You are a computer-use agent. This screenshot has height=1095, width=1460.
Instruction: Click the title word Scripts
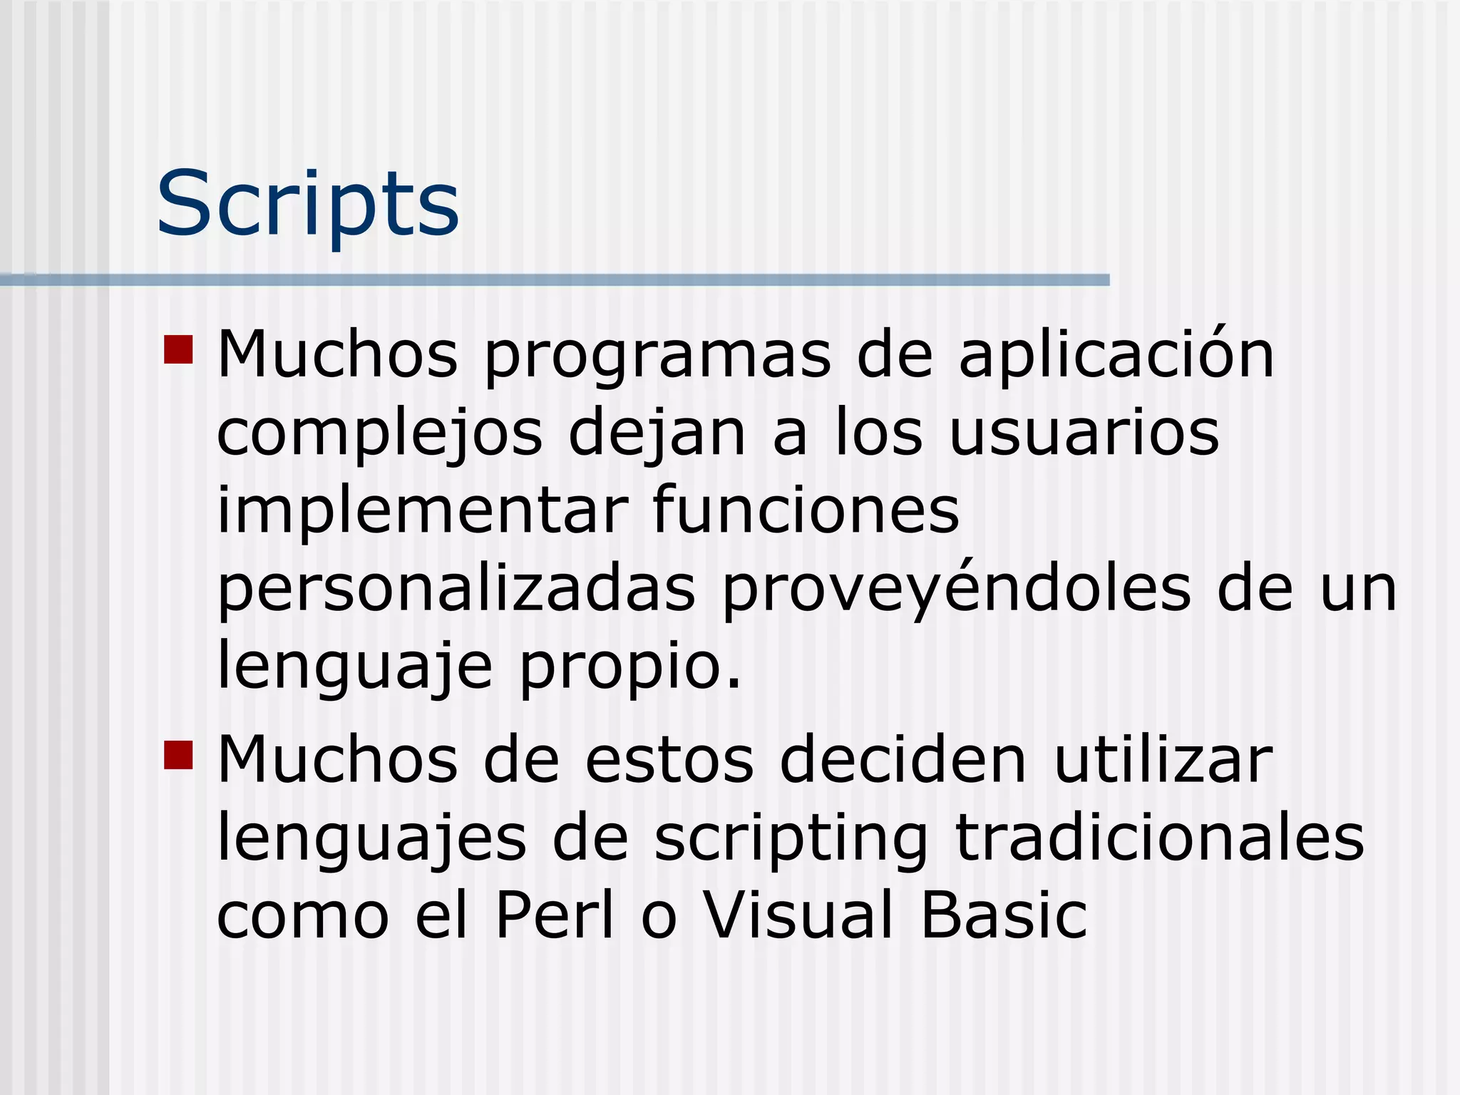307,204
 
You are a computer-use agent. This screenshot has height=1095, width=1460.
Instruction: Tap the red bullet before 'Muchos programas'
178,349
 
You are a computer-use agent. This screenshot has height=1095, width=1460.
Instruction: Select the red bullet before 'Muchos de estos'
178,755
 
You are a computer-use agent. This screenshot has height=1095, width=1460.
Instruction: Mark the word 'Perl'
555,915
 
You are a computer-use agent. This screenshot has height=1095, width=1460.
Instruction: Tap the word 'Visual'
798,915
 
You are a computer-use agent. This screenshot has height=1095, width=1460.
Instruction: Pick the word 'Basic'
1004,915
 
